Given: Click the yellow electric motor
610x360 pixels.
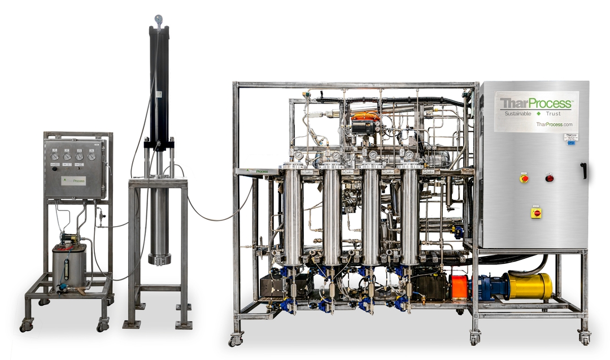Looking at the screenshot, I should (530, 286).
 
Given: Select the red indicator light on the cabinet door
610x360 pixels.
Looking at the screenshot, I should (549, 178).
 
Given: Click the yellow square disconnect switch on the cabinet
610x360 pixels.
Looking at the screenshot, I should (536, 212).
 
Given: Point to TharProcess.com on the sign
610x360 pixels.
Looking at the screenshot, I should (554, 124).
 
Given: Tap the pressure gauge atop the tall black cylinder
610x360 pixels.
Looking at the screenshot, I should (158, 19).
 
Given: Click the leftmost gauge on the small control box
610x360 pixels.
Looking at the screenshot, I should (54, 156).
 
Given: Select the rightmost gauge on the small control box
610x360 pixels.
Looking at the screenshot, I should (91, 156).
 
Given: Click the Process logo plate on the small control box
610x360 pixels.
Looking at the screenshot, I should (74, 181).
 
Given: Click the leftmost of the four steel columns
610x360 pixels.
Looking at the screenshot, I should (293, 215).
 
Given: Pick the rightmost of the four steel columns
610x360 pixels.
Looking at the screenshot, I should (409, 215).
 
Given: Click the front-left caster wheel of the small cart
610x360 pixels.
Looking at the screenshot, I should (27, 326).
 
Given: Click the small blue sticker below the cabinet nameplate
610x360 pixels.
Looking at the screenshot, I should (571, 144).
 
